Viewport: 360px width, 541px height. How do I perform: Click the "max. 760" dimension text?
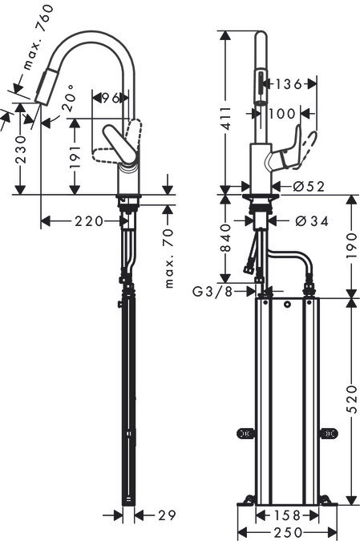tap(38, 37)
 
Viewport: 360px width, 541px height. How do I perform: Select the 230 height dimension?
tap(20, 149)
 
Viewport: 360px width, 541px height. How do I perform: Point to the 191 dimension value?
tap(75, 157)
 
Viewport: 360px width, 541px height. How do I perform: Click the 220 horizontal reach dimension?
tap(89, 221)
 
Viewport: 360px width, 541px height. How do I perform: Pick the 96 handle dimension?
tap(111, 99)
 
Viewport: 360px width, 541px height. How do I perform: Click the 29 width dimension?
tap(167, 515)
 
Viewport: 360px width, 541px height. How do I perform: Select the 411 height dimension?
tap(226, 119)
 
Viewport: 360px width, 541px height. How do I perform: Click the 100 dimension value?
tap(281, 114)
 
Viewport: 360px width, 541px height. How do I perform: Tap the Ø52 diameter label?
tap(309, 187)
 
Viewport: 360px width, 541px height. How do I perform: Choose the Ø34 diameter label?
tap(312, 221)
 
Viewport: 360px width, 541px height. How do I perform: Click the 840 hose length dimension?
tap(226, 238)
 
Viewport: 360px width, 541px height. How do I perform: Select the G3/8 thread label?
tap(212, 292)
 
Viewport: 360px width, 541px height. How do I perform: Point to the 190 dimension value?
tap(352, 246)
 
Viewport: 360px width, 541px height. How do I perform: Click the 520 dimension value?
tap(352, 400)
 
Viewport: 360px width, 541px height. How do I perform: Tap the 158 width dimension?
tap(287, 516)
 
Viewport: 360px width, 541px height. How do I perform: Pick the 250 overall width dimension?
tap(288, 532)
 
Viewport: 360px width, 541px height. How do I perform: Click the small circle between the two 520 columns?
tap(287, 305)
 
